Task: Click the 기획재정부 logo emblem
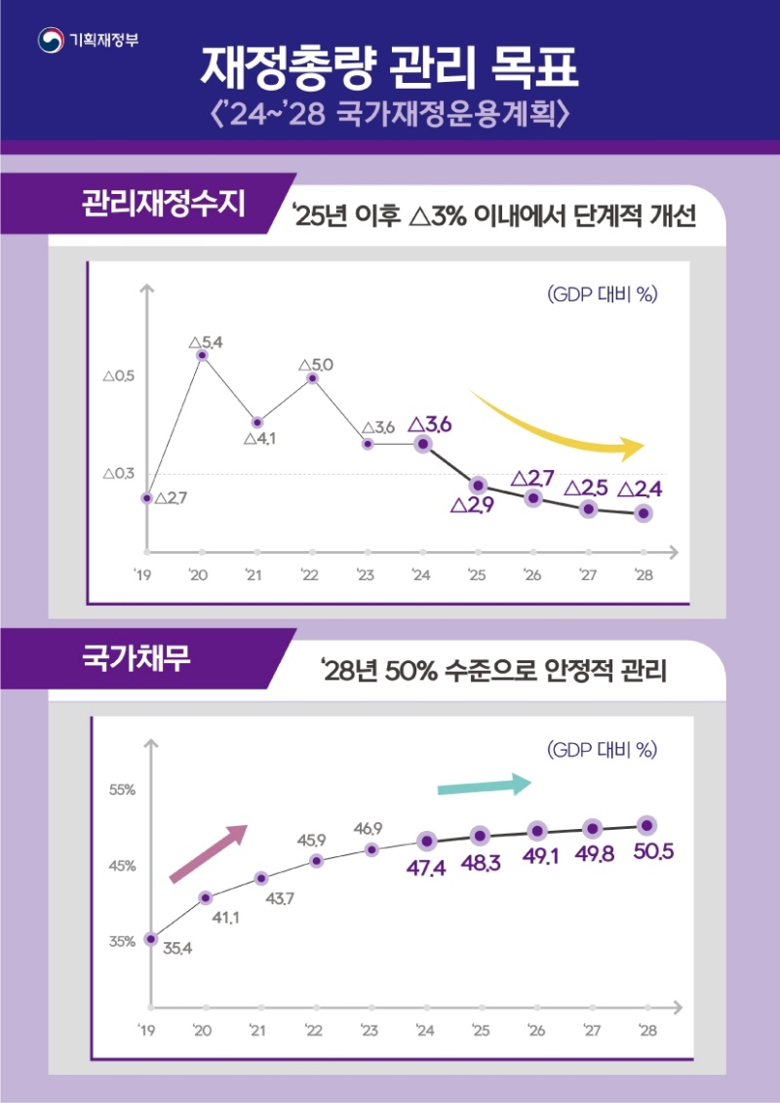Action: click(50, 40)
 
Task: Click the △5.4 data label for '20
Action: click(205, 341)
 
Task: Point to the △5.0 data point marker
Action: click(312, 378)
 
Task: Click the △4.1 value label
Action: click(259, 439)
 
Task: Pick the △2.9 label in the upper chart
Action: click(473, 504)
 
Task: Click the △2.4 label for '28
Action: click(641, 488)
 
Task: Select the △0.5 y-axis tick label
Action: click(118, 375)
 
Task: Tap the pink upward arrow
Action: click(209, 852)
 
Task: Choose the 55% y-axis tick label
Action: click(122, 789)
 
